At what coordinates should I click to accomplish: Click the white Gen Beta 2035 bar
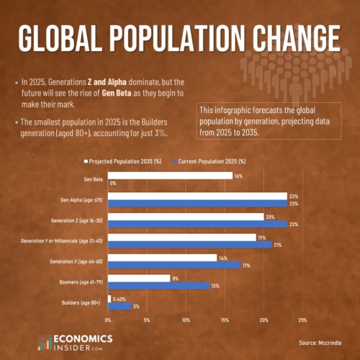tap(170, 175)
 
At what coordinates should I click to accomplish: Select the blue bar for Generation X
tap(174, 265)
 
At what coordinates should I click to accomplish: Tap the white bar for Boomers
tap(139, 278)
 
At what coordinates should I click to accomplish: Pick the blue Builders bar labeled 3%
tap(120, 307)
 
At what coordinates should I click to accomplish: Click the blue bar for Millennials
tap(189, 245)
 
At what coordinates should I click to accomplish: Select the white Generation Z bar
tap(186, 216)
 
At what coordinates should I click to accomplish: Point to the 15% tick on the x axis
tap(225, 320)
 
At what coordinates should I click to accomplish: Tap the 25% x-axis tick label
tap(302, 320)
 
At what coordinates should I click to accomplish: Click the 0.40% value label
tap(120, 299)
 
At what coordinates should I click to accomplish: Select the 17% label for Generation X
tap(246, 265)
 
